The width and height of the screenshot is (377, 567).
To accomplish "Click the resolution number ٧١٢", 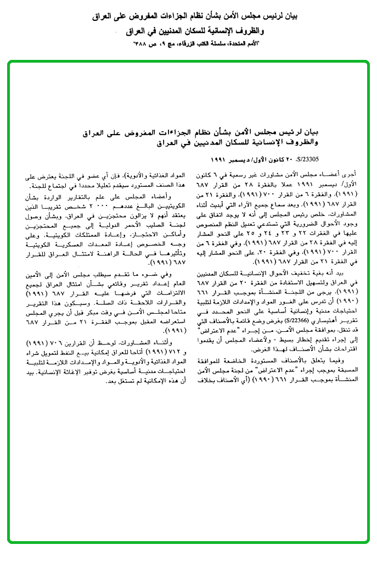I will click(x=178, y=351).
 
